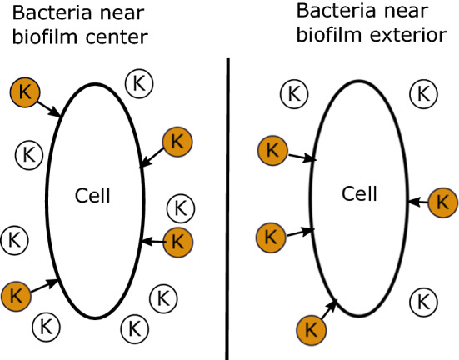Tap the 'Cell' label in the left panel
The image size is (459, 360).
pos(92,197)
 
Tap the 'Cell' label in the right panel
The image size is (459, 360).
pos(360,193)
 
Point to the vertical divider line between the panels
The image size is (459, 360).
pos(227,208)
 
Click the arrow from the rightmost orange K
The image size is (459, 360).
pos(419,202)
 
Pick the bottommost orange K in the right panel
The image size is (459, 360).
pos(312,328)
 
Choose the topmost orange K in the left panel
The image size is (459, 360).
pos(25,91)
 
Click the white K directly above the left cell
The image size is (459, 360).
pos(138,82)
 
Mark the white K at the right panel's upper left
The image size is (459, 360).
pos(292,93)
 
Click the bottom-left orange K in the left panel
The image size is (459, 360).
pos(17,295)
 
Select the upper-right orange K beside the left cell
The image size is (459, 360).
pos(177,141)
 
